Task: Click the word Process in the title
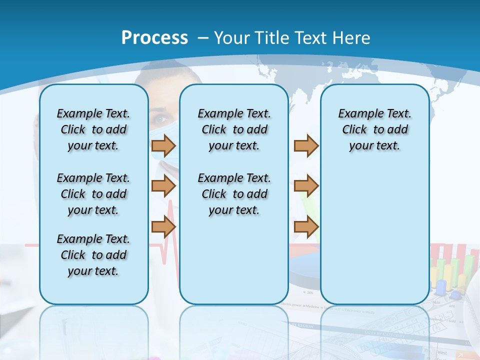tap(154, 38)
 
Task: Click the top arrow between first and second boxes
tap(163, 146)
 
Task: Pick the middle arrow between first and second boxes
tap(163, 186)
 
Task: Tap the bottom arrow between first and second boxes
tap(163, 227)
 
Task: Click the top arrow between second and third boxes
tap(306, 146)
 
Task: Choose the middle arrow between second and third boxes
tap(306, 186)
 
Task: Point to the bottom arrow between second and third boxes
tap(306, 227)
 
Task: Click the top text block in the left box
tap(93, 129)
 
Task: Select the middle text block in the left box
tap(93, 194)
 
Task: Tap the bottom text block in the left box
tap(93, 255)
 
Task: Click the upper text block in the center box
tap(234, 129)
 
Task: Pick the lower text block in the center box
tap(234, 194)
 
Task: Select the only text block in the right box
tap(374, 129)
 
